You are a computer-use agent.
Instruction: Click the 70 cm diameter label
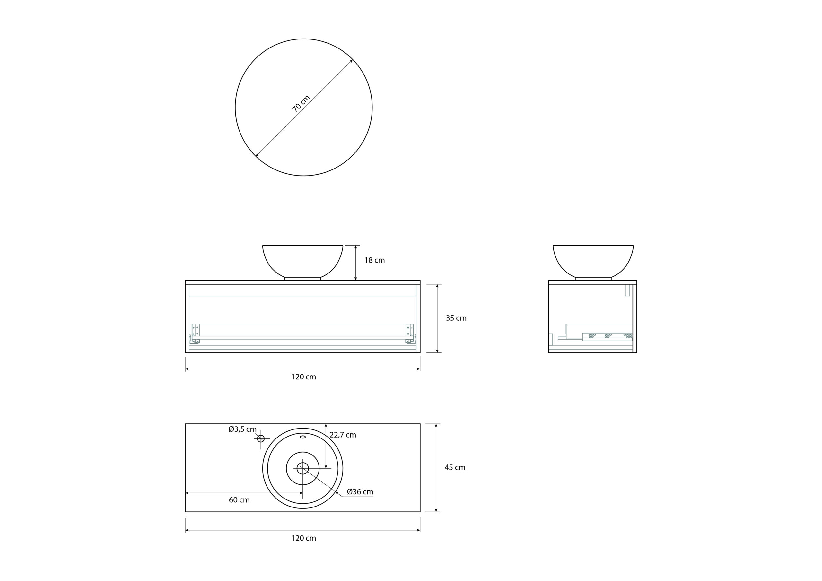(x=301, y=103)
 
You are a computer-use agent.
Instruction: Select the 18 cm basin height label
(x=374, y=261)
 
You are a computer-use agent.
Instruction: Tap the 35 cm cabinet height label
(x=456, y=318)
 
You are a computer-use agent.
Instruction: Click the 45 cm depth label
(x=455, y=467)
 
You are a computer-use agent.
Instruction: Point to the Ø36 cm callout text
(x=360, y=492)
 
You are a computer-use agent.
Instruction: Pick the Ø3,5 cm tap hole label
(x=242, y=429)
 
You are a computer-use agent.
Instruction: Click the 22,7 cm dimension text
(x=343, y=435)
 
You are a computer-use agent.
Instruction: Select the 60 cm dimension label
(x=239, y=500)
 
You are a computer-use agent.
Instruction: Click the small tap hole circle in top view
(x=261, y=438)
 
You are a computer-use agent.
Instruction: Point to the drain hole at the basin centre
(x=302, y=468)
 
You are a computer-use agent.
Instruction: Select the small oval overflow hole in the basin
(x=302, y=437)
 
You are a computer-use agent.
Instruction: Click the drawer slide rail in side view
(x=607, y=336)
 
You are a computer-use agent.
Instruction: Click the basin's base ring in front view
(x=302, y=279)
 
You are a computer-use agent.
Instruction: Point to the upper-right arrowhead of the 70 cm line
(x=352, y=60)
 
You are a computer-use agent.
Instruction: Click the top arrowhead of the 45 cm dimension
(x=436, y=426)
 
